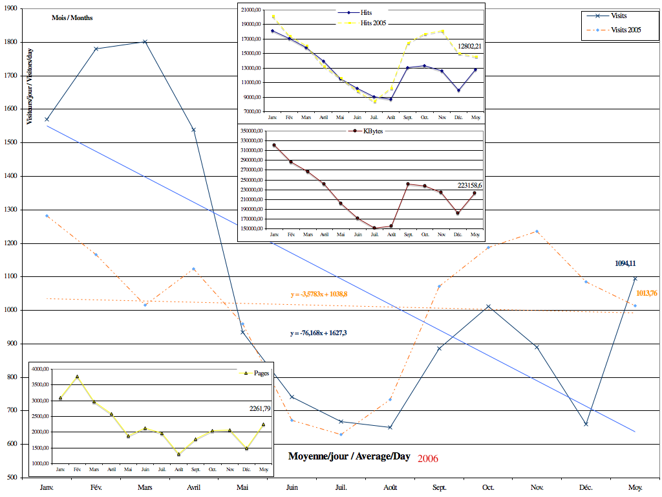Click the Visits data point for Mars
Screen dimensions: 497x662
click(x=145, y=41)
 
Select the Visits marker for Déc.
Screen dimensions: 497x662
click(x=586, y=424)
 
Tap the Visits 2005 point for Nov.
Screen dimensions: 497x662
click(x=537, y=231)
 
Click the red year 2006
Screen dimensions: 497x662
click(x=428, y=458)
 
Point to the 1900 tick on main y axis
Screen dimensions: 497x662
click(x=12, y=9)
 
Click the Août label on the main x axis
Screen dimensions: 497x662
click(x=390, y=487)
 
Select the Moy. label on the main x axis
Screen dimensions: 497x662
click(x=635, y=487)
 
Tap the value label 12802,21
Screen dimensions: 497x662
click(x=470, y=47)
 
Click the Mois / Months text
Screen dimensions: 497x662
click(x=72, y=17)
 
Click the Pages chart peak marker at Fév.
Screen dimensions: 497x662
click(x=78, y=377)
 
